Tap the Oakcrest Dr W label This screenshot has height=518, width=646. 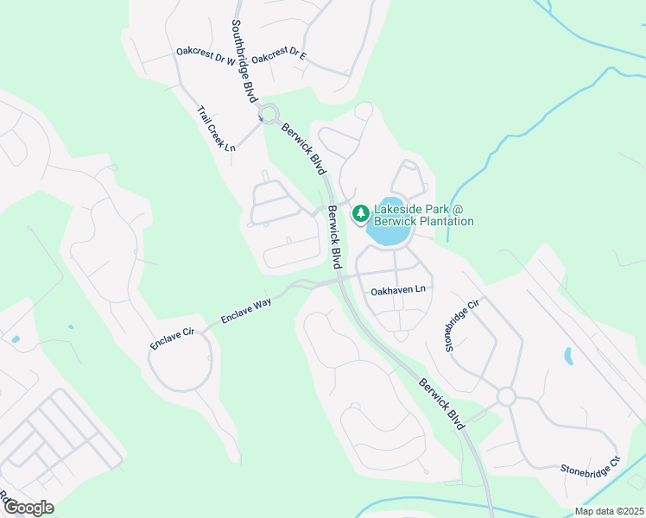tap(206, 56)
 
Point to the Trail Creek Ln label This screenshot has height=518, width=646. tap(216, 129)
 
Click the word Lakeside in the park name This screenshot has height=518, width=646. tap(401, 209)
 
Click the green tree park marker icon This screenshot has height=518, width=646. tap(359, 212)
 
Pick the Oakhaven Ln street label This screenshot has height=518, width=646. tap(399, 292)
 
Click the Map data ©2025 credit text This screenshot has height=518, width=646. tap(609, 511)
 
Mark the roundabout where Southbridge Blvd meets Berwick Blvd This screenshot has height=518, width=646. tap(269, 113)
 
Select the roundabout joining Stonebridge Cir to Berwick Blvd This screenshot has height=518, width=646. tap(505, 396)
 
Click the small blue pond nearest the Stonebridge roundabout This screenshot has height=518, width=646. tap(568, 356)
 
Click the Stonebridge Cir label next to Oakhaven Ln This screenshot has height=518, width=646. tap(460, 326)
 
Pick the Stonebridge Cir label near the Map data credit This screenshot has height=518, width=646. tap(591, 467)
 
